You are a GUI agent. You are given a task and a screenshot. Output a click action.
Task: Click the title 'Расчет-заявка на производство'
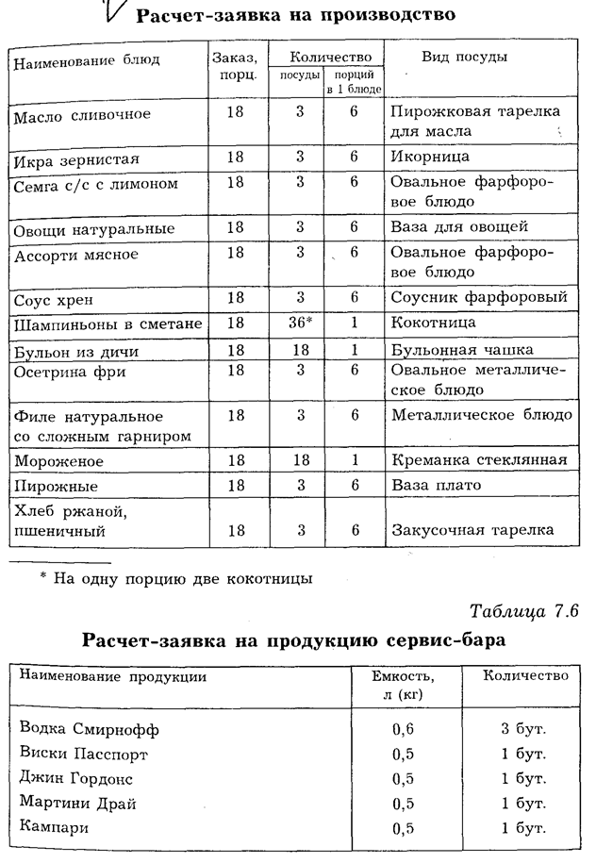pyautogui.click(x=296, y=15)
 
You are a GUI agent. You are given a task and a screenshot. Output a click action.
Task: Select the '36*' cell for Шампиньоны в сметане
pyautogui.click(x=300, y=324)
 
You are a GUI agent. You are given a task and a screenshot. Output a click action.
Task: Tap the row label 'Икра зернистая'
pyautogui.click(x=77, y=157)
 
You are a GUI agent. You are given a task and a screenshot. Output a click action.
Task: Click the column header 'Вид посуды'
pyautogui.click(x=464, y=58)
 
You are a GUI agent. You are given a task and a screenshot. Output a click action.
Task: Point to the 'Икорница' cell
pyautogui.click(x=429, y=157)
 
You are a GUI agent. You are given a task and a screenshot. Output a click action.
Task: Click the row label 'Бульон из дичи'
pyautogui.click(x=77, y=351)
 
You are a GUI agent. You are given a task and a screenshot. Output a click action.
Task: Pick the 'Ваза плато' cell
pyautogui.click(x=436, y=485)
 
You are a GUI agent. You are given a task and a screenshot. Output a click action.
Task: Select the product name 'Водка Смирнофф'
pyautogui.click(x=90, y=729)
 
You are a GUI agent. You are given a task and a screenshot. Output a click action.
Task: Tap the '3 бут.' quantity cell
pyautogui.click(x=524, y=729)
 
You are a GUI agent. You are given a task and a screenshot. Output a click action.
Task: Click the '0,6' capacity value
pyautogui.click(x=404, y=729)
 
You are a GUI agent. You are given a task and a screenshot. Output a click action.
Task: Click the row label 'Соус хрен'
pyautogui.click(x=53, y=299)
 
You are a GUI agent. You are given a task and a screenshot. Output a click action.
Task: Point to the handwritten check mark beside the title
pyautogui.click(x=111, y=12)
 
